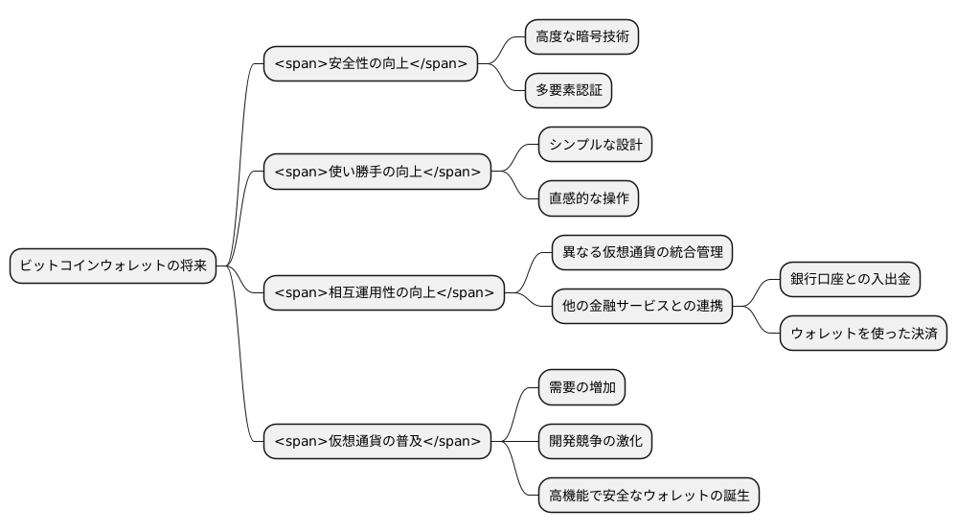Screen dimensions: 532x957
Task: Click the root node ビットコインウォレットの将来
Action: pos(113,266)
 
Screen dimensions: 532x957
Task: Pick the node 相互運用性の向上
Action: pos(383,292)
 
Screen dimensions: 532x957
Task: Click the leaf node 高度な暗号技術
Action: pos(581,37)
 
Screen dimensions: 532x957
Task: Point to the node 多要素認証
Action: pos(568,91)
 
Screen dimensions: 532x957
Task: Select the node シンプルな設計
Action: pos(595,145)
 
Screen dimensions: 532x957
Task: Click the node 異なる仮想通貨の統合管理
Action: pos(642,252)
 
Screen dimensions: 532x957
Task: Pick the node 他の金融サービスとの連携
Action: pos(642,307)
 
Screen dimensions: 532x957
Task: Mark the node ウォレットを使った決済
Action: pos(863,334)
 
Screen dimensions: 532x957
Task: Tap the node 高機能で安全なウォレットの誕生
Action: pos(649,496)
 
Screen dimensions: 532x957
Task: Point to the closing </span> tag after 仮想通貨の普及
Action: pos(451,441)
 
